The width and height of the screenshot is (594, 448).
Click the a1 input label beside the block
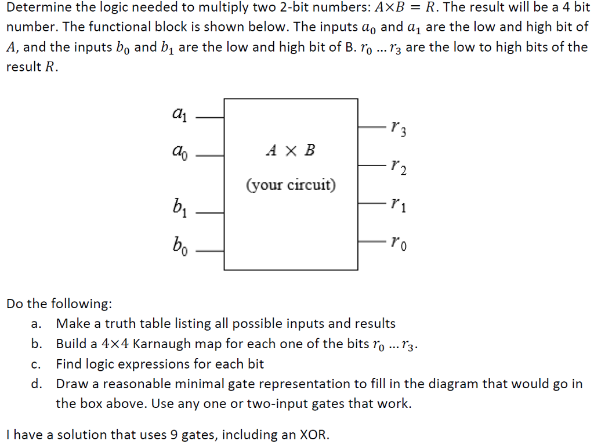[179, 113]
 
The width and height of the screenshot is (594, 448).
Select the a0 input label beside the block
[179, 153]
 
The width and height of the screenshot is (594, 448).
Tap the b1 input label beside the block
[179, 207]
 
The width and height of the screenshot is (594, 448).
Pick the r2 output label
[399, 169]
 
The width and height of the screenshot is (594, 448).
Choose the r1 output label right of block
[399, 204]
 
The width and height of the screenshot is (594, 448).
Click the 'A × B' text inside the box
[291, 151]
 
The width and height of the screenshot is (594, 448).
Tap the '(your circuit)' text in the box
[291, 185]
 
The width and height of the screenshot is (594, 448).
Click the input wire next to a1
[210, 117]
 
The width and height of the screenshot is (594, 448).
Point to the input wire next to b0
[210, 251]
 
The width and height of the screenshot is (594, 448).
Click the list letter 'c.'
[37, 364]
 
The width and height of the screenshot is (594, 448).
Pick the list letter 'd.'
[37, 384]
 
